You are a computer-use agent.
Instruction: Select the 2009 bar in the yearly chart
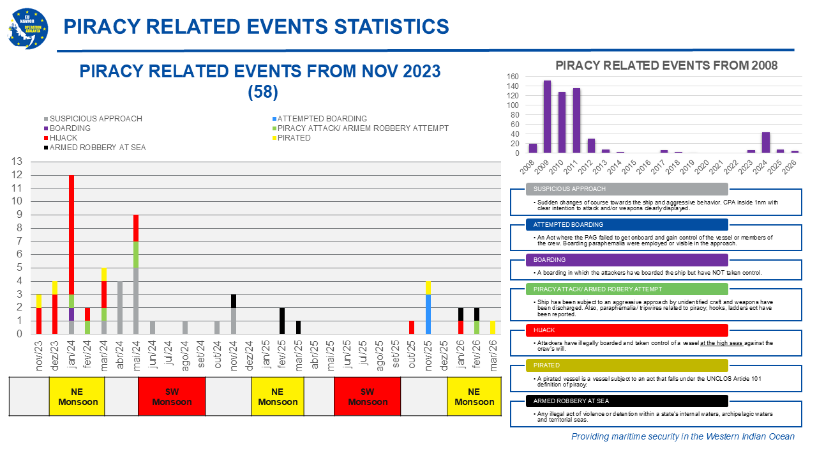pos(547,117)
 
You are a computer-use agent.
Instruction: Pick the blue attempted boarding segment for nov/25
pos(428,314)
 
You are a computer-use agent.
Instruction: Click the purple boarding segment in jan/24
pos(71,314)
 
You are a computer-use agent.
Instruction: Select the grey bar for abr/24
pos(120,307)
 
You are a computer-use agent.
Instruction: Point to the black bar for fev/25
pos(281,321)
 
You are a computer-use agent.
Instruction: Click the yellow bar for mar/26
pos(492,327)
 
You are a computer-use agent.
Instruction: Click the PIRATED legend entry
pos(294,138)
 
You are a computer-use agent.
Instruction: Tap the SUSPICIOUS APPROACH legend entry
pos(95,119)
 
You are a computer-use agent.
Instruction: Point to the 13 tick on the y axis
pos(19,162)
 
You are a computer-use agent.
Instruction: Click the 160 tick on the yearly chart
pos(512,77)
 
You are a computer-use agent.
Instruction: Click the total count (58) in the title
pos(262,93)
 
